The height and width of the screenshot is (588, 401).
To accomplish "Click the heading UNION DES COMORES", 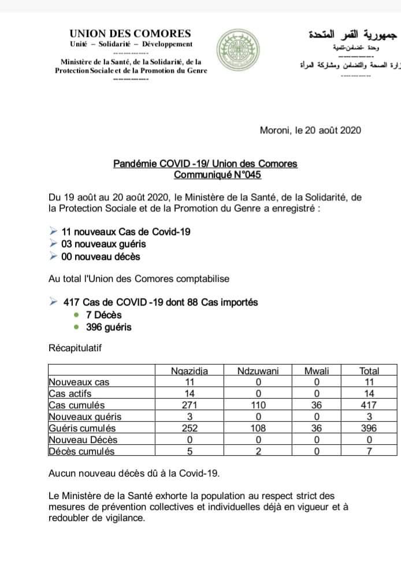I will pyautogui.click(x=130, y=34).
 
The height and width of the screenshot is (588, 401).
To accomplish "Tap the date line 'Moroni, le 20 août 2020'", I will pyautogui.click(x=310, y=130).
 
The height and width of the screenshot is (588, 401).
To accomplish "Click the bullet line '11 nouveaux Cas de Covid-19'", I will pyautogui.click(x=126, y=232).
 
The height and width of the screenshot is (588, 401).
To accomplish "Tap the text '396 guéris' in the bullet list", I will pyautogui.click(x=108, y=327).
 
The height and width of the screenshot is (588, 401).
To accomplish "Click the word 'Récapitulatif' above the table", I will pyautogui.click(x=76, y=349).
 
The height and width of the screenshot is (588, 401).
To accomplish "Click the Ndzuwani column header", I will pyautogui.click(x=258, y=371).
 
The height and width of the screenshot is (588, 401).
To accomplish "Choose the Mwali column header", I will pyautogui.click(x=316, y=371).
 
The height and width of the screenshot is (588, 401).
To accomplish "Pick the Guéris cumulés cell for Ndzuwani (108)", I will pyautogui.click(x=258, y=428).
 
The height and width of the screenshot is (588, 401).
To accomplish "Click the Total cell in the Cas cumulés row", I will pyautogui.click(x=369, y=405).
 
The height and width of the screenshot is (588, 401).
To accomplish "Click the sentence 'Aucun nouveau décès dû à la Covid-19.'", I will pyautogui.click(x=134, y=473).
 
